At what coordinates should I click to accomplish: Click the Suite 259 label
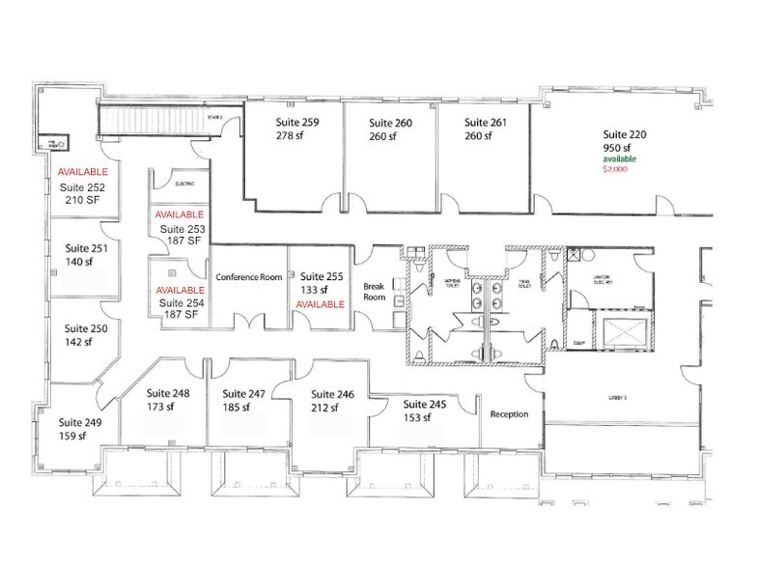pos(296,123)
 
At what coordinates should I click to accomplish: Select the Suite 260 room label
pos(389,123)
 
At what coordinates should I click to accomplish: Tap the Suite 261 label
pos(485,123)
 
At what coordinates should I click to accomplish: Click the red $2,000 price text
pos(614,169)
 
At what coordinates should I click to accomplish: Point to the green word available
pos(622,158)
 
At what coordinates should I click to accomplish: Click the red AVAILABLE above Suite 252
pos(82,172)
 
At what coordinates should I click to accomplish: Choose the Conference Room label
pos(249,277)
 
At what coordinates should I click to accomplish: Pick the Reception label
pos(509,414)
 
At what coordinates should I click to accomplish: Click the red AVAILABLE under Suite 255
pos(320,304)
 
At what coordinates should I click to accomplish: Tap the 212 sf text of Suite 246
pos(323,409)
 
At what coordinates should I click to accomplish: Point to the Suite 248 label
pos(168,393)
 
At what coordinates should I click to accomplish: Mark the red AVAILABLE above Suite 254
pos(181,290)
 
